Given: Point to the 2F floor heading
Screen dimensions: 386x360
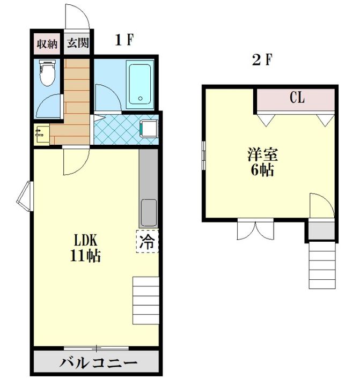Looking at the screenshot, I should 262,60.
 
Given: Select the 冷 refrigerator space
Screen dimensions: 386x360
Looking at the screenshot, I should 147,241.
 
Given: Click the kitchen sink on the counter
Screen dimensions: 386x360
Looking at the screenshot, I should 148,213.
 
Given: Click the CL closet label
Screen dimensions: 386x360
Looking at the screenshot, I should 297,98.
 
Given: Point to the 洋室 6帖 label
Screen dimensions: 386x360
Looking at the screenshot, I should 262,162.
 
